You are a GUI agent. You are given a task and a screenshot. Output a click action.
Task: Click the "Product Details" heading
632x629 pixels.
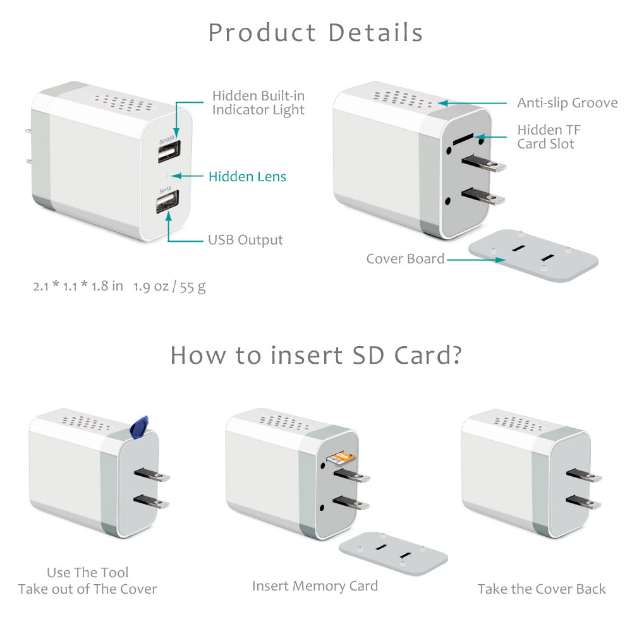coord(315,33)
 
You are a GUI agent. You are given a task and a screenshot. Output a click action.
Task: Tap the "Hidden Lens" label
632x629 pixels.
coord(247,177)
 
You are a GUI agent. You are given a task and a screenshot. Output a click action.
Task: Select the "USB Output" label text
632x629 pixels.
coord(245,240)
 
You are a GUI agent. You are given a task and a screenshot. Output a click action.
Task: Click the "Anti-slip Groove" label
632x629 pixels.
coord(567,103)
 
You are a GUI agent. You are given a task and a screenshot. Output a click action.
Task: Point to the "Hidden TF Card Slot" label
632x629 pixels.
coord(548,137)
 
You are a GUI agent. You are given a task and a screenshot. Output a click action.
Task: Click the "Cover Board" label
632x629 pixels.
coord(405,259)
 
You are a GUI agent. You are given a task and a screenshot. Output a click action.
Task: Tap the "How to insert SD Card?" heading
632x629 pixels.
coord(315,356)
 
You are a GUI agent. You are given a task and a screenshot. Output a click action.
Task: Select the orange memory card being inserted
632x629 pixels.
coord(342,456)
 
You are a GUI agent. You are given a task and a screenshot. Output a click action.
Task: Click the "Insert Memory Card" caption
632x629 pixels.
coord(315,586)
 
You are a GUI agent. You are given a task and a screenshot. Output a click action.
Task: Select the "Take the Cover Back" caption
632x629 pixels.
coord(541,589)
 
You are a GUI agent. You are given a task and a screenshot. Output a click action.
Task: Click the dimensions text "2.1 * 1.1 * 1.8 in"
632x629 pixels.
coord(78,286)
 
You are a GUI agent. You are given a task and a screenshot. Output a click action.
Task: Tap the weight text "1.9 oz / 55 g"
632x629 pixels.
coord(169,286)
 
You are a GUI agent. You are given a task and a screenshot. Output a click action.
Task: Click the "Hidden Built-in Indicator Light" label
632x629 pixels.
coord(258,103)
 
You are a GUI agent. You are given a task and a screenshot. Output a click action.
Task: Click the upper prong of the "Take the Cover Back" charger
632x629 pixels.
coord(583,475)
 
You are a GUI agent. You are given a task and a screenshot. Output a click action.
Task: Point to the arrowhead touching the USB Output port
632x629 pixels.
coord(169,216)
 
